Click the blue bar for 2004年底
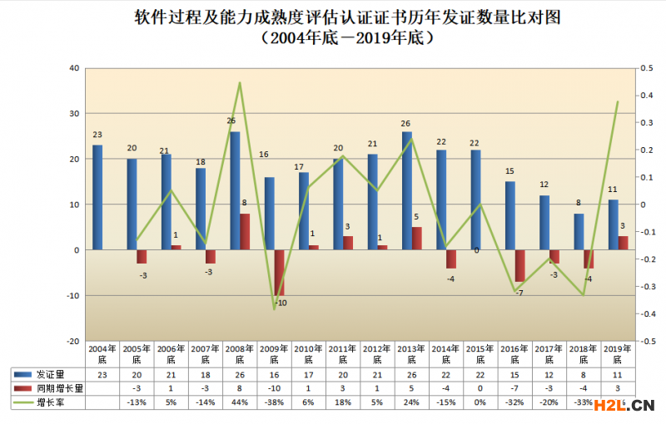pos(97,197)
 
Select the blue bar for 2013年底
pos(406,190)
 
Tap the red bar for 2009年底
pos(280,272)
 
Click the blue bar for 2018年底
pos(579,231)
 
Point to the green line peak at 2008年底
pos(239,82)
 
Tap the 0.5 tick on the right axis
pos(641,67)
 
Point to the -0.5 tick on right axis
pos(641,341)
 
